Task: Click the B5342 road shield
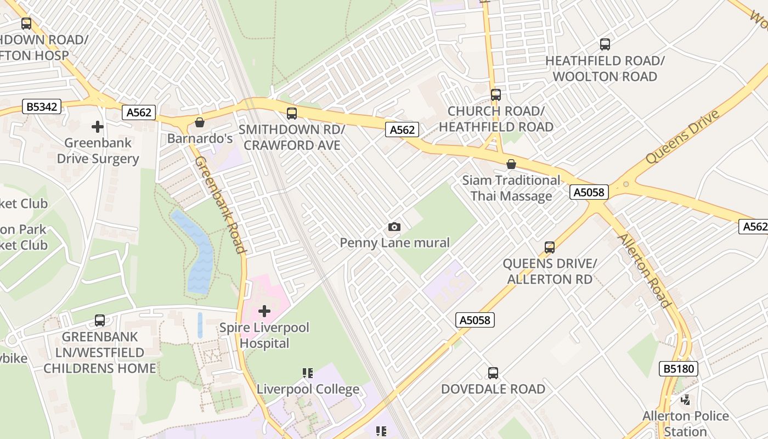(x=42, y=106)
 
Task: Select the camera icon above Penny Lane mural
(x=394, y=227)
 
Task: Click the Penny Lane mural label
(x=394, y=243)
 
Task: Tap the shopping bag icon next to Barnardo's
(x=200, y=122)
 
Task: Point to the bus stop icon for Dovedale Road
(x=493, y=373)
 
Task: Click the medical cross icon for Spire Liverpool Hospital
(x=264, y=311)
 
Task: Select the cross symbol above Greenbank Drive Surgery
(x=98, y=127)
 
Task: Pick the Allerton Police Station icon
(x=685, y=399)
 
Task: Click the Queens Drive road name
(x=682, y=137)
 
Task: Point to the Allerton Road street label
(x=645, y=271)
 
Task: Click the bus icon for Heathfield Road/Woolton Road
(x=605, y=44)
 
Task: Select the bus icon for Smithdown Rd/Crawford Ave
(x=292, y=114)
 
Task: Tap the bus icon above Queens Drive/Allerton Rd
(x=550, y=247)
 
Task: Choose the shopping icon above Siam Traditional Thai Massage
(x=511, y=164)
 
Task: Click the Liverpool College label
(x=308, y=389)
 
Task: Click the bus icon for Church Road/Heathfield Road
(x=496, y=94)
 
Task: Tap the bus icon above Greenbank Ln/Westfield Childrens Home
(x=100, y=320)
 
